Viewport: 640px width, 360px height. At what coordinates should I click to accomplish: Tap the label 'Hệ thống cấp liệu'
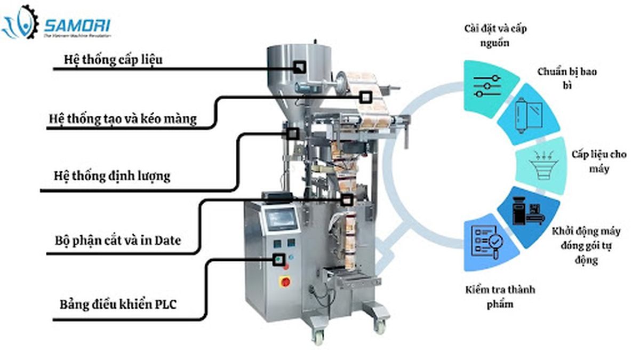pyautogui.click(x=113, y=59)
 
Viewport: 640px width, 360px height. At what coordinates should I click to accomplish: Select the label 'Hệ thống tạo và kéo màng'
pyautogui.click(x=122, y=118)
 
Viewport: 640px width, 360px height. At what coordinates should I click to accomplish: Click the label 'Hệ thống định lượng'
pyautogui.click(x=112, y=175)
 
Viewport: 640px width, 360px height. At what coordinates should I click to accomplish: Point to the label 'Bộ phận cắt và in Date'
pyautogui.click(x=118, y=240)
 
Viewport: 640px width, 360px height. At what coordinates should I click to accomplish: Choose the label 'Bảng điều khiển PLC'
pyautogui.click(x=118, y=306)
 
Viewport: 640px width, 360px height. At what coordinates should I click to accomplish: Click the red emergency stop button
pyautogui.click(x=285, y=282)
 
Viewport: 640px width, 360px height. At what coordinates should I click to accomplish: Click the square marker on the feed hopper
pyautogui.click(x=300, y=67)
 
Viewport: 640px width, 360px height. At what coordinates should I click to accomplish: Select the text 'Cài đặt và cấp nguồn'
pyautogui.click(x=495, y=35)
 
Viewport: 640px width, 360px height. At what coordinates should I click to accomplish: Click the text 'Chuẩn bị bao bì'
pyautogui.click(x=566, y=78)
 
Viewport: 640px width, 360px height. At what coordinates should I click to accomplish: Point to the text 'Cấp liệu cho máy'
pyautogui.click(x=599, y=161)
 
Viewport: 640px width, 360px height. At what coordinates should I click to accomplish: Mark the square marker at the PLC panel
pyautogui.click(x=278, y=260)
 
